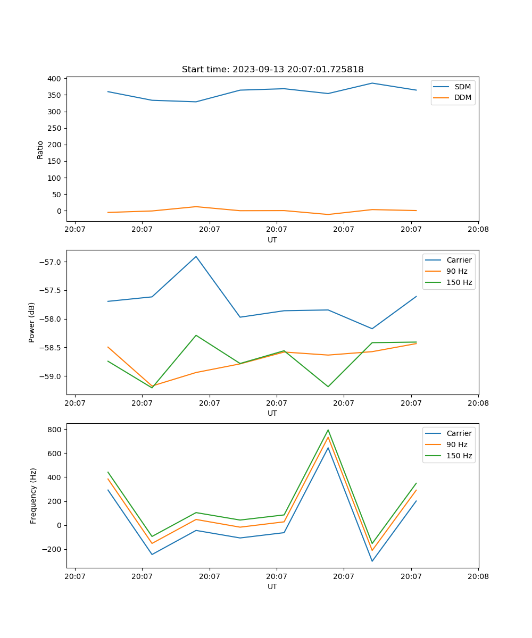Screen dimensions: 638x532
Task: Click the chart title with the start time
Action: tap(272, 70)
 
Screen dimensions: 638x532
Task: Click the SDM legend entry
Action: tap(462, 87)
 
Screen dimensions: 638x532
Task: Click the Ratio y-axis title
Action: tap(40, 150)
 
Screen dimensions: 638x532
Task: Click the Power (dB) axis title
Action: tap(32, 322)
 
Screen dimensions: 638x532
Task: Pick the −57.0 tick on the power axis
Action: tap(51, 262)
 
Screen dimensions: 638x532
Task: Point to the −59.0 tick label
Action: tap(51, 376)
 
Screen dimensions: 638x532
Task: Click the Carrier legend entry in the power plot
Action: tap(459, 260)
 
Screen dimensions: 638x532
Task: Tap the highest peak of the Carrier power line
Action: tap(196, 256)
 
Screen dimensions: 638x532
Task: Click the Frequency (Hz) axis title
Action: tap(33, 496)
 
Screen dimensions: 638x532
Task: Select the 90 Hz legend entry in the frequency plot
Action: tap(456, 444)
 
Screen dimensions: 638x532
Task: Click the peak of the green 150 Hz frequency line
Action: tap(328, 430)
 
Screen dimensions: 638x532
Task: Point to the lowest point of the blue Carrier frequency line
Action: tap(372, 561)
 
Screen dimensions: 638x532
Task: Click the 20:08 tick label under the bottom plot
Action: tap(478, 576)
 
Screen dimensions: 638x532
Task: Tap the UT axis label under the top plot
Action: tap(272, 240)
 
